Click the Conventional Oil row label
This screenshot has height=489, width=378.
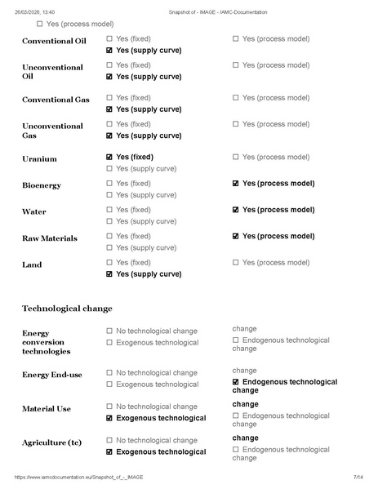tap(55, 41)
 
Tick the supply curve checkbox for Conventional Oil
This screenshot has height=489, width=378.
tap(110, 51)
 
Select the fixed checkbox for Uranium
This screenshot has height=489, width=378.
tap(110, 157)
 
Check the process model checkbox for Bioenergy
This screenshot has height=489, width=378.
tap(236, 184)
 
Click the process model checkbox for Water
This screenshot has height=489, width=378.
tap(236, 210)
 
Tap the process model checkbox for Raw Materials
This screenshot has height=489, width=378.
tap(236, 236)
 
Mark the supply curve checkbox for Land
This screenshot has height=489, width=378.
tap(110, 274)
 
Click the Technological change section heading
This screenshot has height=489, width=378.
tap(67, 309)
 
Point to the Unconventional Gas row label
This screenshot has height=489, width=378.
tap(52, 131)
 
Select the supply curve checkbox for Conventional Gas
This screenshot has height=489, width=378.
tap(110, 109)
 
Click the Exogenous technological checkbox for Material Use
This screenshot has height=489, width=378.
tap(110, 418)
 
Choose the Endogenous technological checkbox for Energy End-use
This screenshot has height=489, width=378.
tap(236, 382)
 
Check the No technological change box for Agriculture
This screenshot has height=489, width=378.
tap(110, 440)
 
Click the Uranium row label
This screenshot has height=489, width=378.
tap(39, 159)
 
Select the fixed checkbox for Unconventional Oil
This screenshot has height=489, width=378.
tap(110, 64)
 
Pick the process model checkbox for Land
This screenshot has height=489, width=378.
tap(236, 263)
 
